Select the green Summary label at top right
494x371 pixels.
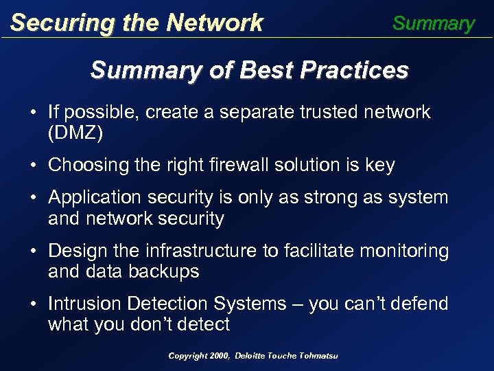pos(433,23)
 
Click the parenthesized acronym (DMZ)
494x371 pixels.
pos(75,133)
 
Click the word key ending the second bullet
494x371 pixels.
pos(381,165)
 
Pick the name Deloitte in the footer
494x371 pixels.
pos(252,355)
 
